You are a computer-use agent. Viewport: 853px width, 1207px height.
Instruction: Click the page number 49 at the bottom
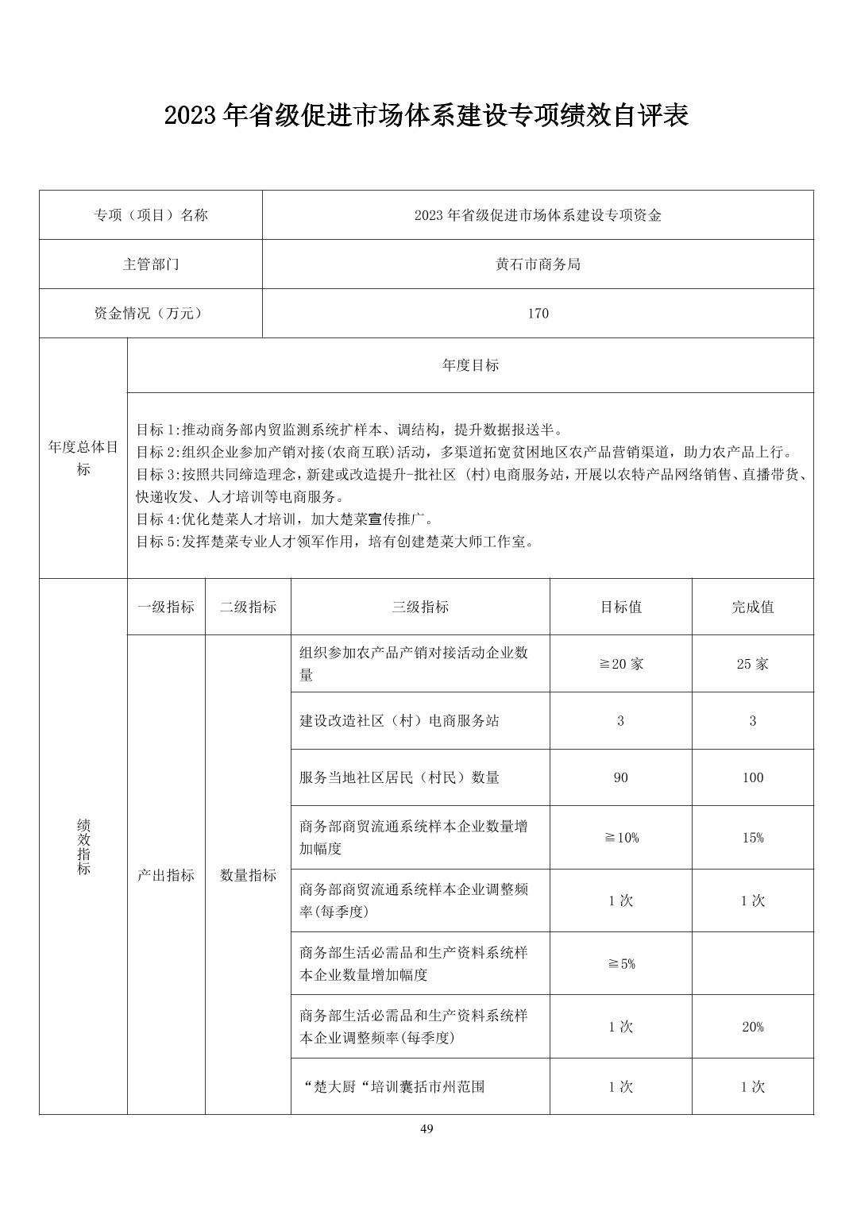pos(426,1129)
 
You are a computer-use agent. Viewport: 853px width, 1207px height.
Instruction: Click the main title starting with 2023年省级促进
pos(426,116)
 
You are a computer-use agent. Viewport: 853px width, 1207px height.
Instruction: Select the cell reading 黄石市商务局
pos(538,264)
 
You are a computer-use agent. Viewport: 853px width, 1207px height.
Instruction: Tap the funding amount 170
pos(538,314)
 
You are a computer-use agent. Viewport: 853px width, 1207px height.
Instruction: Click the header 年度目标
pos(470,365)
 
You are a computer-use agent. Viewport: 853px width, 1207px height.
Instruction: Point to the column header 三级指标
pos(420,607)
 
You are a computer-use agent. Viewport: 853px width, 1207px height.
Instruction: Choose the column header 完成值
pos(752,607)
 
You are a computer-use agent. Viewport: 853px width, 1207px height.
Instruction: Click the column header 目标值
pos(620,607)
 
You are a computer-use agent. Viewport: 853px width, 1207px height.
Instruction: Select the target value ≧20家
pos(620,664)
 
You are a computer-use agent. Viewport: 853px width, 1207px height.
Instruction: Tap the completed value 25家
pos(752,664)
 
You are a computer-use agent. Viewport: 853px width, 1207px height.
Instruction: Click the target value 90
pos(620,778)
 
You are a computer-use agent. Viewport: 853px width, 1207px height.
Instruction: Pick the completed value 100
pos(752,778)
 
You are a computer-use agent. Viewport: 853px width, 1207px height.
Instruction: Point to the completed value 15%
pos(752,838)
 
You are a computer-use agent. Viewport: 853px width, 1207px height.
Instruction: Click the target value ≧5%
pos(620,964)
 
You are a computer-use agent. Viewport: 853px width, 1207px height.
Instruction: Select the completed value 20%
pos(752,1027)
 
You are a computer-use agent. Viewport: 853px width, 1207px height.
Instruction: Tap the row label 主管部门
pos(151,264)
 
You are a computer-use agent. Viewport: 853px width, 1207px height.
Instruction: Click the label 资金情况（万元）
pos(151,314)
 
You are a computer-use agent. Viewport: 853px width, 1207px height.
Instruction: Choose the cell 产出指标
pos(166,875)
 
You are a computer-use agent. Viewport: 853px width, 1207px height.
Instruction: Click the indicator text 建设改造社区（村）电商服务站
pos(399,721)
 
